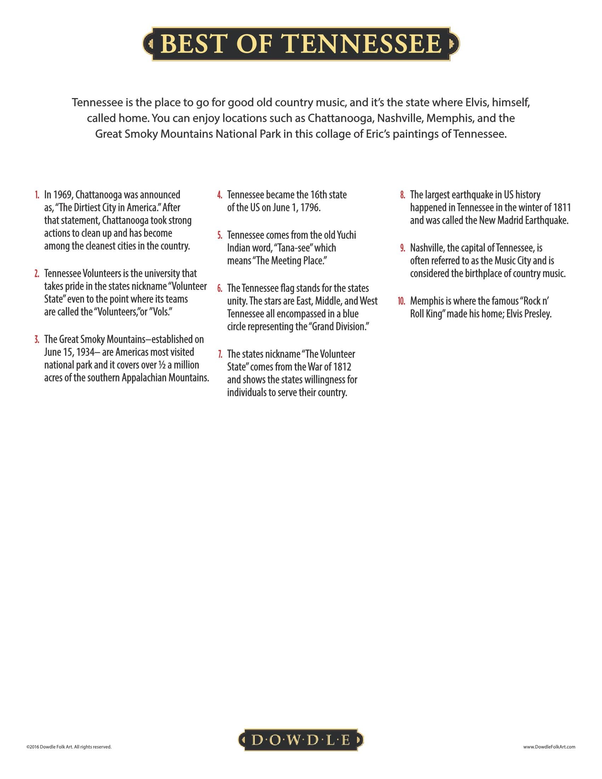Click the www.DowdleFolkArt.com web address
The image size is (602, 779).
(549, 746)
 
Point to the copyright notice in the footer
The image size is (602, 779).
(69, 746)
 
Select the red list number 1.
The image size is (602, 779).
(37, 195)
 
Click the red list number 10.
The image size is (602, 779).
(402, 301)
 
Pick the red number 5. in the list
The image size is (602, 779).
(220, 235)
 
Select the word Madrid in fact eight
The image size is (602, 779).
(510, 221)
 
